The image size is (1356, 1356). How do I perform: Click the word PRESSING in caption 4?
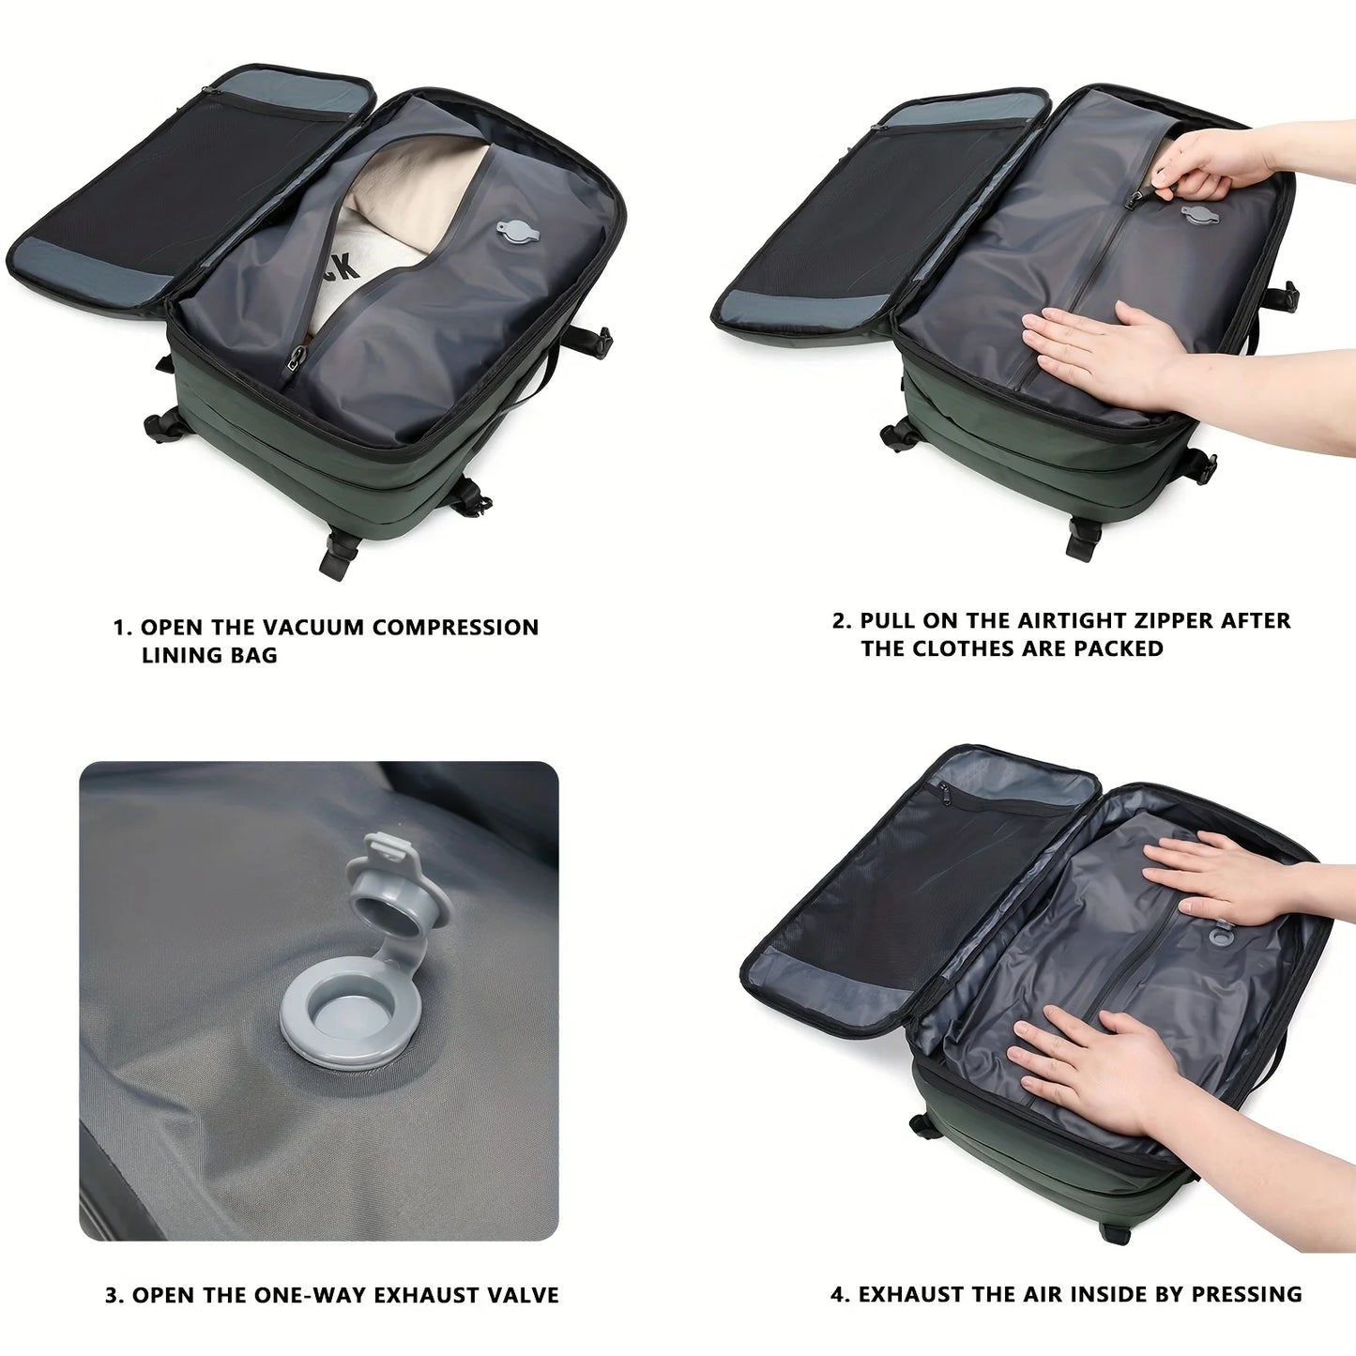coord(1246,1295)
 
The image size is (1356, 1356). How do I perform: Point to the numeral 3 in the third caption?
coord(113,1296)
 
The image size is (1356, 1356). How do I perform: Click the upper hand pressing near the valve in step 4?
coord(1220,877)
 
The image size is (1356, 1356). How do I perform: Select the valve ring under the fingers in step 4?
coord(1221,935)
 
